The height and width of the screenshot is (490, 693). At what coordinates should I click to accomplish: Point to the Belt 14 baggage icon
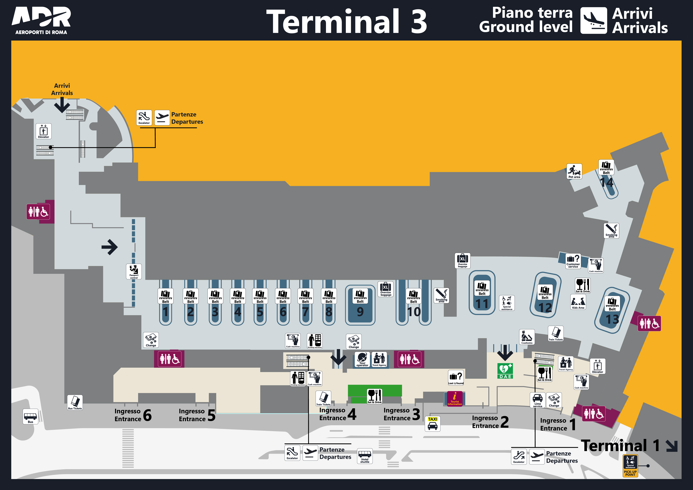point(606,167)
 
